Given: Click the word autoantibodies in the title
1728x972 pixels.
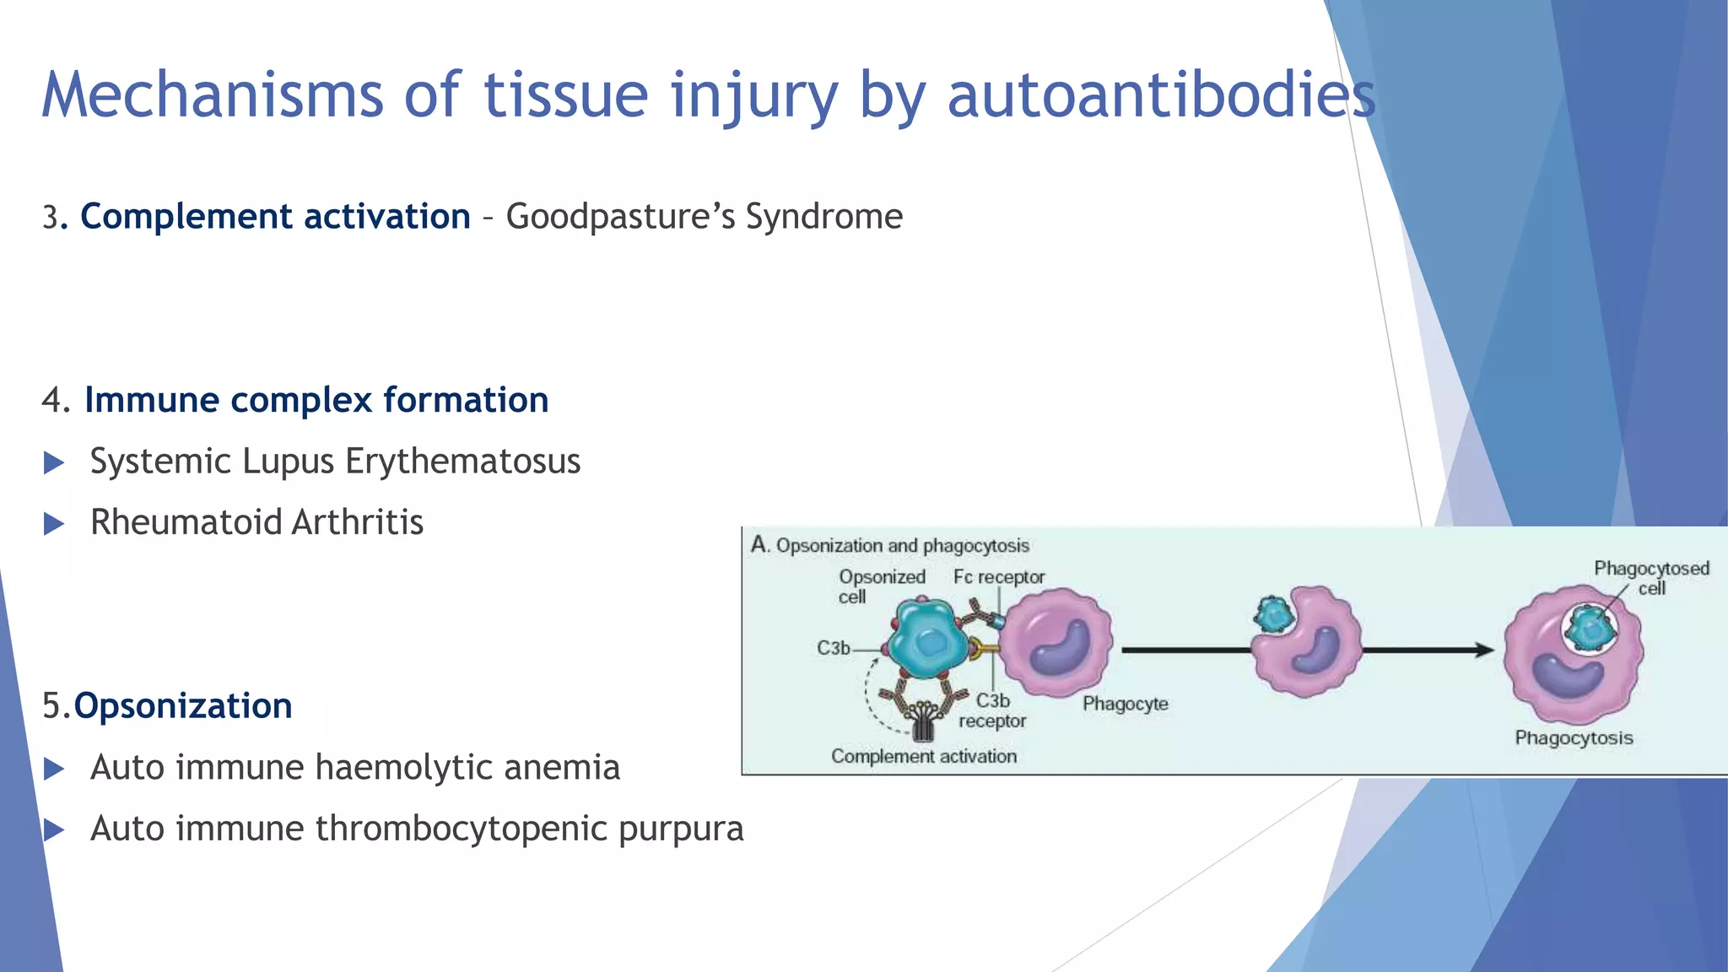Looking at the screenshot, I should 1160,94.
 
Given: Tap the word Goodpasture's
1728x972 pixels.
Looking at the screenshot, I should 620,217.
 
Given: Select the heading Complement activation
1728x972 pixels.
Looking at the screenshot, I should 275,217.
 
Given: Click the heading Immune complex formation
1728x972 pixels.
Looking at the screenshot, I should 316,400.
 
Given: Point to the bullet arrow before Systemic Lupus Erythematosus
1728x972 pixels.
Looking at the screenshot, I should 54,462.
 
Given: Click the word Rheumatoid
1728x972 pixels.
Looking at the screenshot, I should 186,522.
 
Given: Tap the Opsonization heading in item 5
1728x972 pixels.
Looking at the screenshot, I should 182,706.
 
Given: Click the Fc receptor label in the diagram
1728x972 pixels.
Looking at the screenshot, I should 999,577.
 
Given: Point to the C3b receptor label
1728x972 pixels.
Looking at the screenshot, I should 992,710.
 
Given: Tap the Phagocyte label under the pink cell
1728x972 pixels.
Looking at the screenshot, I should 1125,704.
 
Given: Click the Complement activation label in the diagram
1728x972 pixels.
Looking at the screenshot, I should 923,756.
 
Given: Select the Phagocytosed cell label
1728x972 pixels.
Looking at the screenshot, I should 1650,578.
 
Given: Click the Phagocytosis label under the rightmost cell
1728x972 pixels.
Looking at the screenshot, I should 1574,738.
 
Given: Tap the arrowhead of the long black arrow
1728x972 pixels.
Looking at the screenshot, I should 1483,650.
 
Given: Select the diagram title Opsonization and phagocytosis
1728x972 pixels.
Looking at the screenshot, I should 902,546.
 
